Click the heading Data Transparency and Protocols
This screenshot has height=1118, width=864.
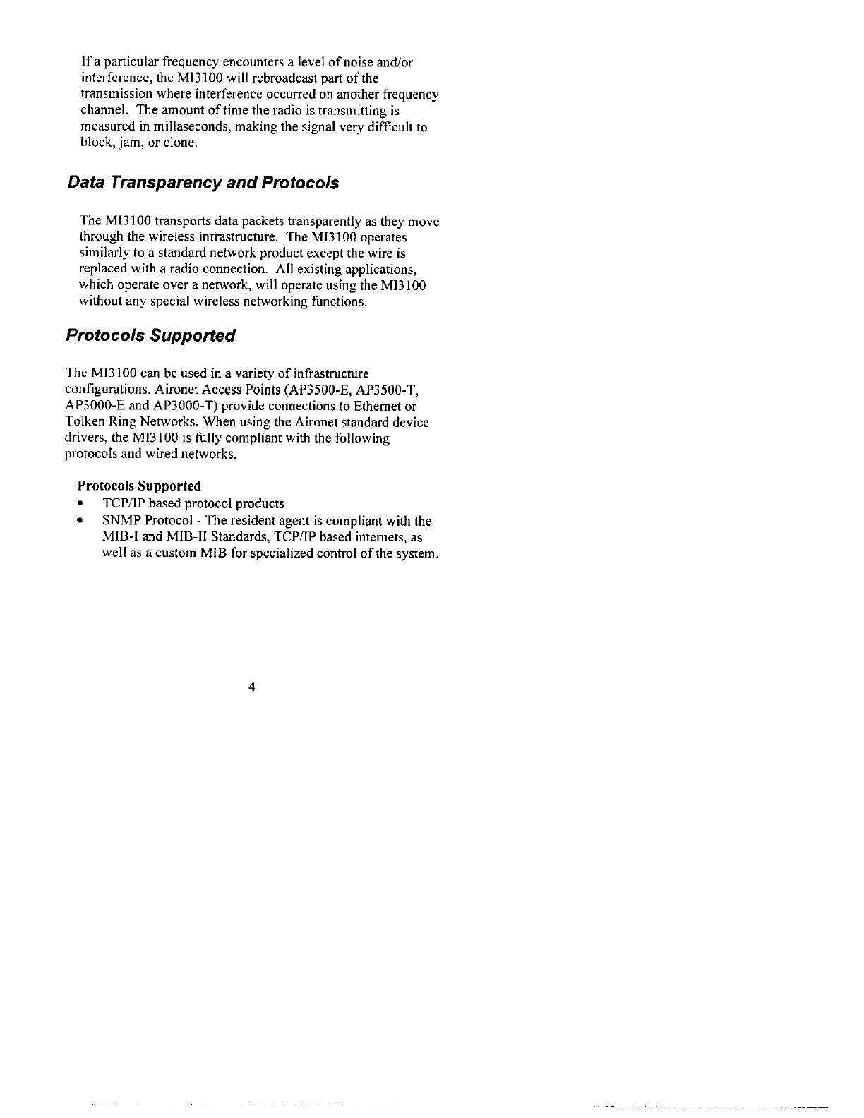point(203,184)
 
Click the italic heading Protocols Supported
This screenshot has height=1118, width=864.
point(150,335)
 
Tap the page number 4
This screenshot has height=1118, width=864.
point(251,687)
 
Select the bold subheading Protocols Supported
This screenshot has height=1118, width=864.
point(139,486)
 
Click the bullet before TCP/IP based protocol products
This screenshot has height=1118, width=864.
point(82,504)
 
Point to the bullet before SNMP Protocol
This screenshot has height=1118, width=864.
point(82,522)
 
